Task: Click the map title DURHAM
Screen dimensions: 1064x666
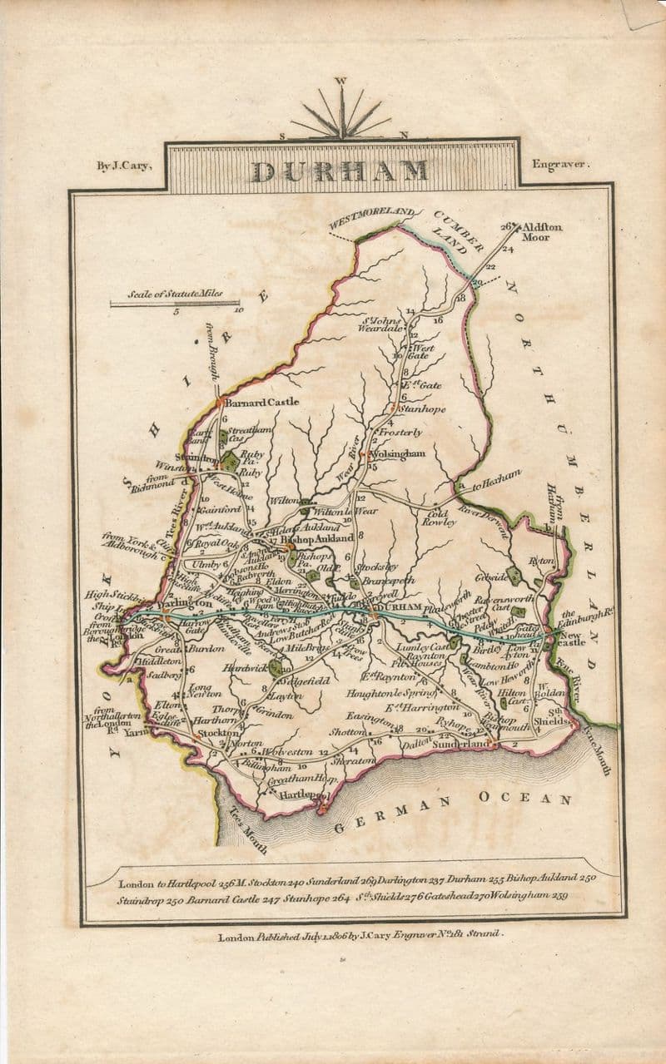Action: [x=340, y=171]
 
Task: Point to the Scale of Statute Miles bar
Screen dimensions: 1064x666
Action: [x=175, y=304]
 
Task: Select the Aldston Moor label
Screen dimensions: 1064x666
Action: [x=542, y=231]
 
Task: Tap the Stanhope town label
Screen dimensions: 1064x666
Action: [x=422, y=409]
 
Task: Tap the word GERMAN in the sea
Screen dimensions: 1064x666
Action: [x=392, y=814]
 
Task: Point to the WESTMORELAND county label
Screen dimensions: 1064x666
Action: [x=371, y=219]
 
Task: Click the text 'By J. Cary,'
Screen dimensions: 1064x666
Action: [x=123, y=166]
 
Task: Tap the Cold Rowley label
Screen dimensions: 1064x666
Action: [x=439, y=517]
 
